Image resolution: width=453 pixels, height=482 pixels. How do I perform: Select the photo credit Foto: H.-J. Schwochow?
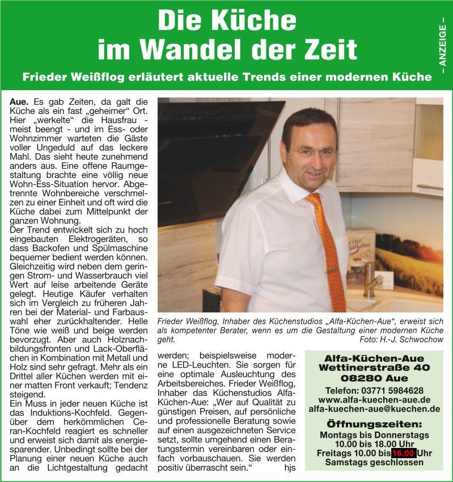[x=401, y=339]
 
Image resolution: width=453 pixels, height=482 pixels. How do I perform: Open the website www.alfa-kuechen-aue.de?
[x=374, y=400]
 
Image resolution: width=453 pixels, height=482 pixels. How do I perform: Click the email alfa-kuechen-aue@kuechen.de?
[x=374, y=409]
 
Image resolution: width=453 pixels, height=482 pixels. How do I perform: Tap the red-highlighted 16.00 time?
[x=403, y=453]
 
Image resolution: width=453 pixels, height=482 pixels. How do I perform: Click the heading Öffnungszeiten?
[x=374, y=424]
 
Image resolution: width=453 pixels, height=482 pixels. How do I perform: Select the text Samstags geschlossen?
[x=374, y=462]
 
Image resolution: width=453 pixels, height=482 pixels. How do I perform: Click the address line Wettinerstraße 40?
[x=374, y=368]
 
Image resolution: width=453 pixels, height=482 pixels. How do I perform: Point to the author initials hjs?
[x=290, y=468]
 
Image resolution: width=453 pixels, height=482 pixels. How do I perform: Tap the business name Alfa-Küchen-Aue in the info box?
[x=374, y=358]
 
